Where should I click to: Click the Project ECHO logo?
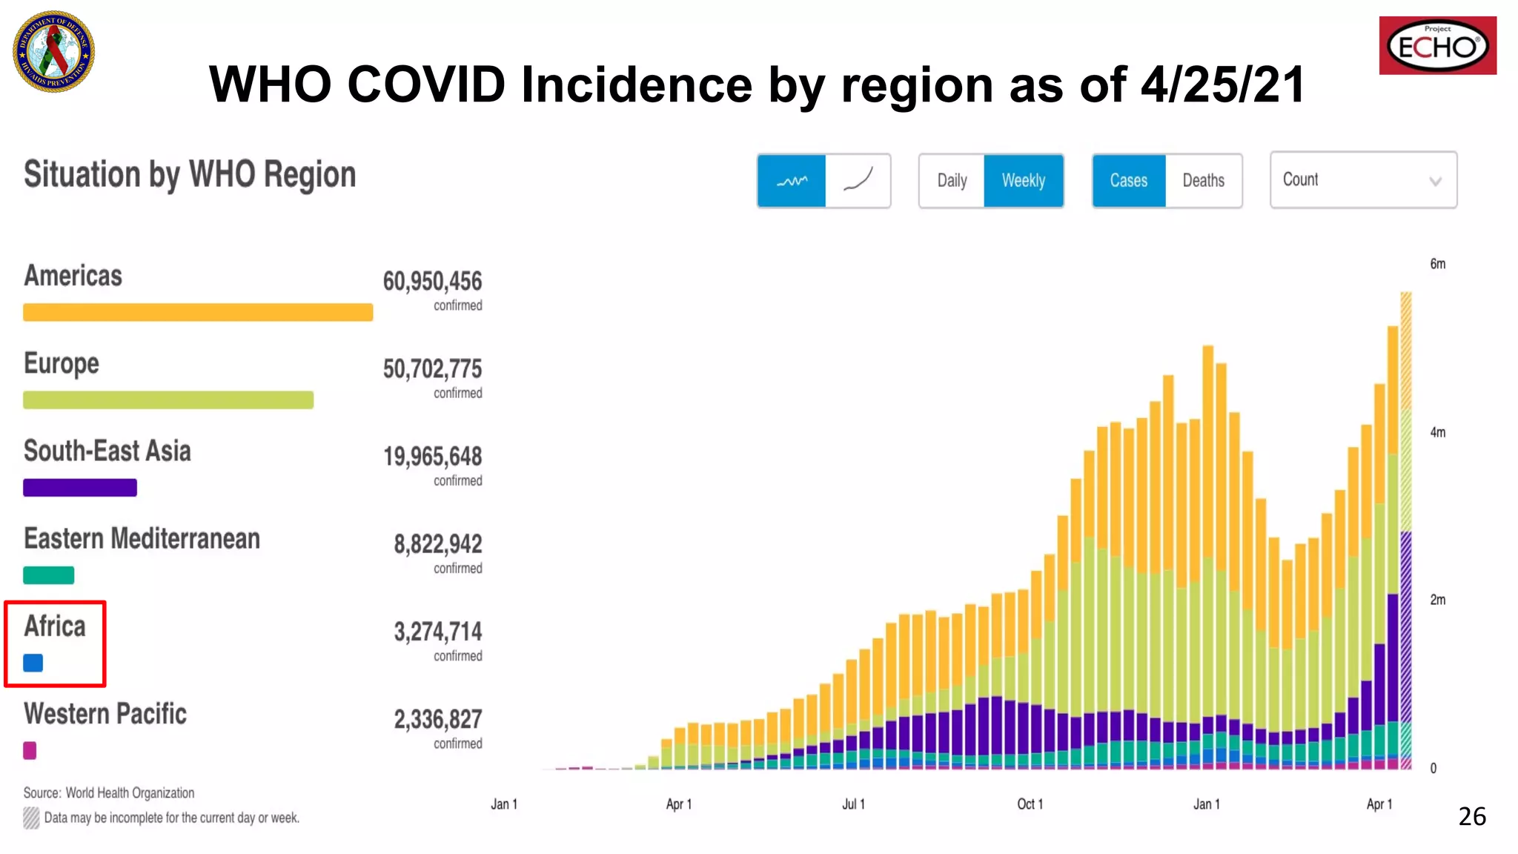pos(1437,46)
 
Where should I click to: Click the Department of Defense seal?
pos(53,51)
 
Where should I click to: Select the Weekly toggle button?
pos(1023,181)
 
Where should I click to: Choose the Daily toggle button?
pos(952,181)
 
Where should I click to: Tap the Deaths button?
pos(1203,181)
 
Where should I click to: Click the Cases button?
pos(1128,181)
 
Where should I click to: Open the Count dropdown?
pos(1362,180)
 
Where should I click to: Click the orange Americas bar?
pos(197,312)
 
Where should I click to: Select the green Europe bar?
pos(168,400)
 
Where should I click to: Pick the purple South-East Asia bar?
pos(80,488)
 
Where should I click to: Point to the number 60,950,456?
pos(432,282)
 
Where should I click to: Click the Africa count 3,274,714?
pos(437,632)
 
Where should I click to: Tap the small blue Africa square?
pos(33,663)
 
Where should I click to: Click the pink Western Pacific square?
pos(30,750)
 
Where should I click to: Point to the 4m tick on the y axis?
pos(1437,432)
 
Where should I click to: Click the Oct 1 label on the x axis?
pos(1030,804)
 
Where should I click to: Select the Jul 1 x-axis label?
pos(853,804)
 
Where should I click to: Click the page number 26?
pos(1471,816)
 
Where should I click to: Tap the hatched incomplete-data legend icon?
pos(31,818)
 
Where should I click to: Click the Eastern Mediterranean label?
pos(142,539)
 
